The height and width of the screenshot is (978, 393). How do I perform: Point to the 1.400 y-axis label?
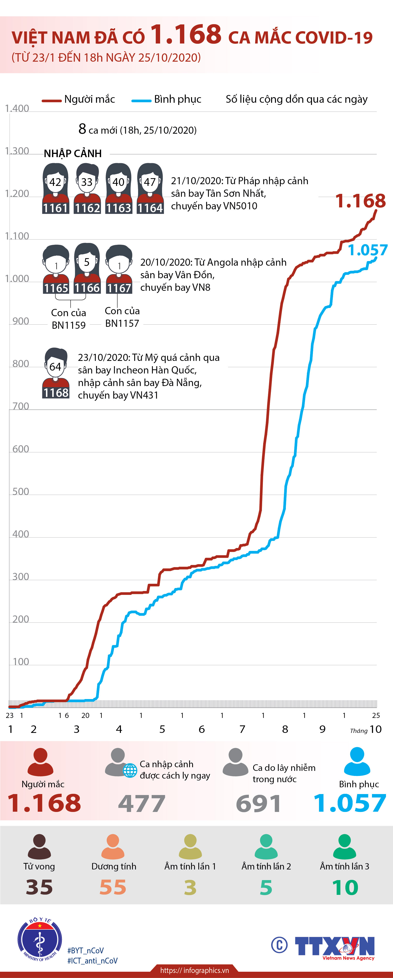click(17, 109)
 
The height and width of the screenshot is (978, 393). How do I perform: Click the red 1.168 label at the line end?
click(360, 201)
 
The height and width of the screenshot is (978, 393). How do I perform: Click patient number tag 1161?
click(55, 208)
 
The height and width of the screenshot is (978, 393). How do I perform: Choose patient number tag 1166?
click(87, 288)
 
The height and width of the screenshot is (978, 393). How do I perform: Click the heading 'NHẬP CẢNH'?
click(73, 153)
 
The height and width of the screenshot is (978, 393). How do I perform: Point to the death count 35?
click(39, 887)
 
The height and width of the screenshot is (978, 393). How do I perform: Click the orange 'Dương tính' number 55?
click(113, 887)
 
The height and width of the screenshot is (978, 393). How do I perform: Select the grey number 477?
click(142, 804)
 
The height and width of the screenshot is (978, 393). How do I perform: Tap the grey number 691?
click(259, 804)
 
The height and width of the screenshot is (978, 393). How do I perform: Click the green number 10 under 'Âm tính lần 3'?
click(345, 887)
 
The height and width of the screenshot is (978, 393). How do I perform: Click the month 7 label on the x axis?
click(242, 729)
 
